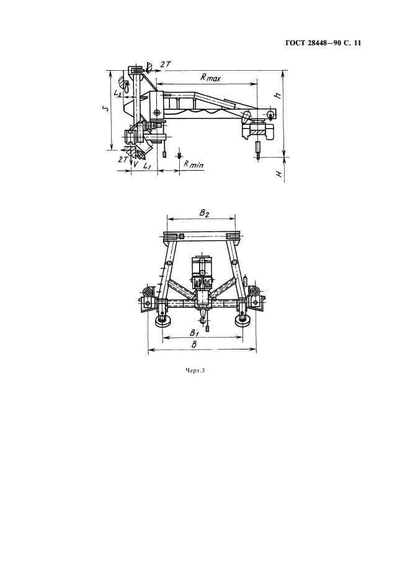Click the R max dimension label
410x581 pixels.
[210, 78]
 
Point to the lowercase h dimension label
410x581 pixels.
[279, 95]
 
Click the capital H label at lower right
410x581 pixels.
[279, 174]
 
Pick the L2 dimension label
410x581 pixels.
[118, 93]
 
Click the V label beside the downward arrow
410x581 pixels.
[136, 164]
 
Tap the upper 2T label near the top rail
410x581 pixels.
[165, 64]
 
